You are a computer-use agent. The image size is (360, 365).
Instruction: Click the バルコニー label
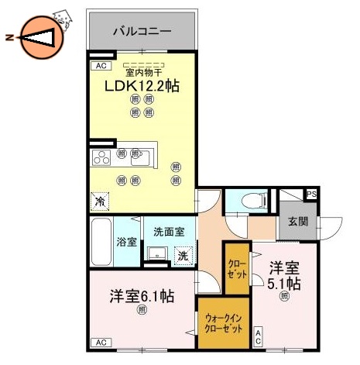[x=141, y=33]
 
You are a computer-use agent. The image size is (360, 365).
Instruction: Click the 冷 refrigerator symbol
[x=101, y=201]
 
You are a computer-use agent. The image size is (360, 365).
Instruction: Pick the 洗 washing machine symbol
[x=183, y=255]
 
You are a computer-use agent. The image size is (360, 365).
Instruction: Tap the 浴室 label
[x=127, y=241]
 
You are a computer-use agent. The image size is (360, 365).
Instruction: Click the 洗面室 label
[x=168, y=232]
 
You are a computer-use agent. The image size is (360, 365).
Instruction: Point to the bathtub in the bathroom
[x=101, y=241]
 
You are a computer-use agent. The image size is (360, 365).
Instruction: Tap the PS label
[x=311, y=195]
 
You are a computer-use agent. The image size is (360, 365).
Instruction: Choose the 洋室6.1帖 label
[x=141, y=295]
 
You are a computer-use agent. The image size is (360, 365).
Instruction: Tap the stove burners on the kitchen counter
[x=102, y=157]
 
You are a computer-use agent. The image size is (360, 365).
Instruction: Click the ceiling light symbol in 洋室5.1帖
[x=285, y=295]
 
